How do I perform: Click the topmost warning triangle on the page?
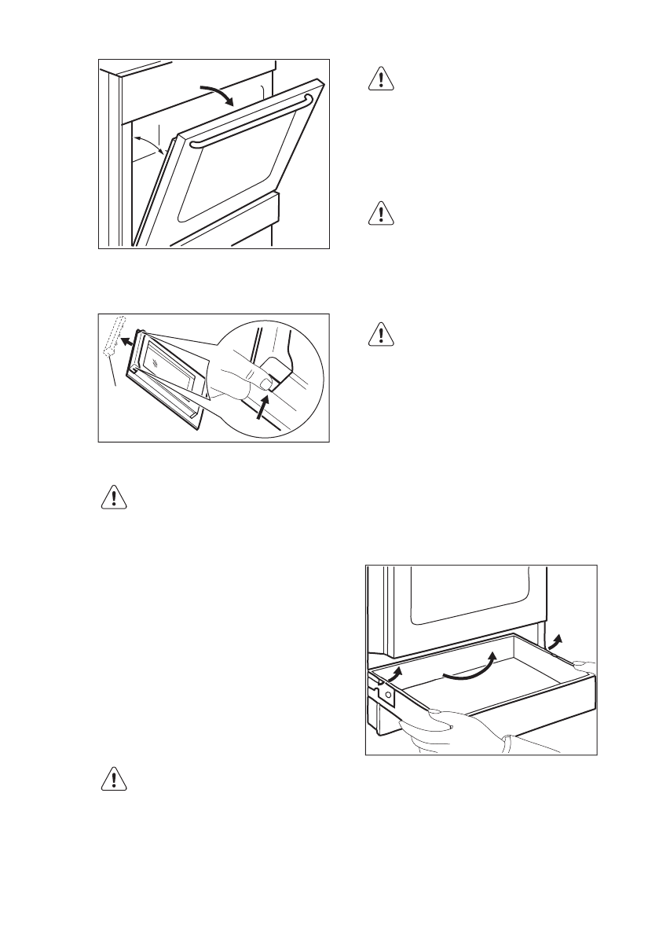(x=380, y=82)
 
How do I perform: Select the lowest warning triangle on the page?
(x=115, y=779)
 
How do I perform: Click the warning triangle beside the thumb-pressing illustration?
(x=380, y=336)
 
